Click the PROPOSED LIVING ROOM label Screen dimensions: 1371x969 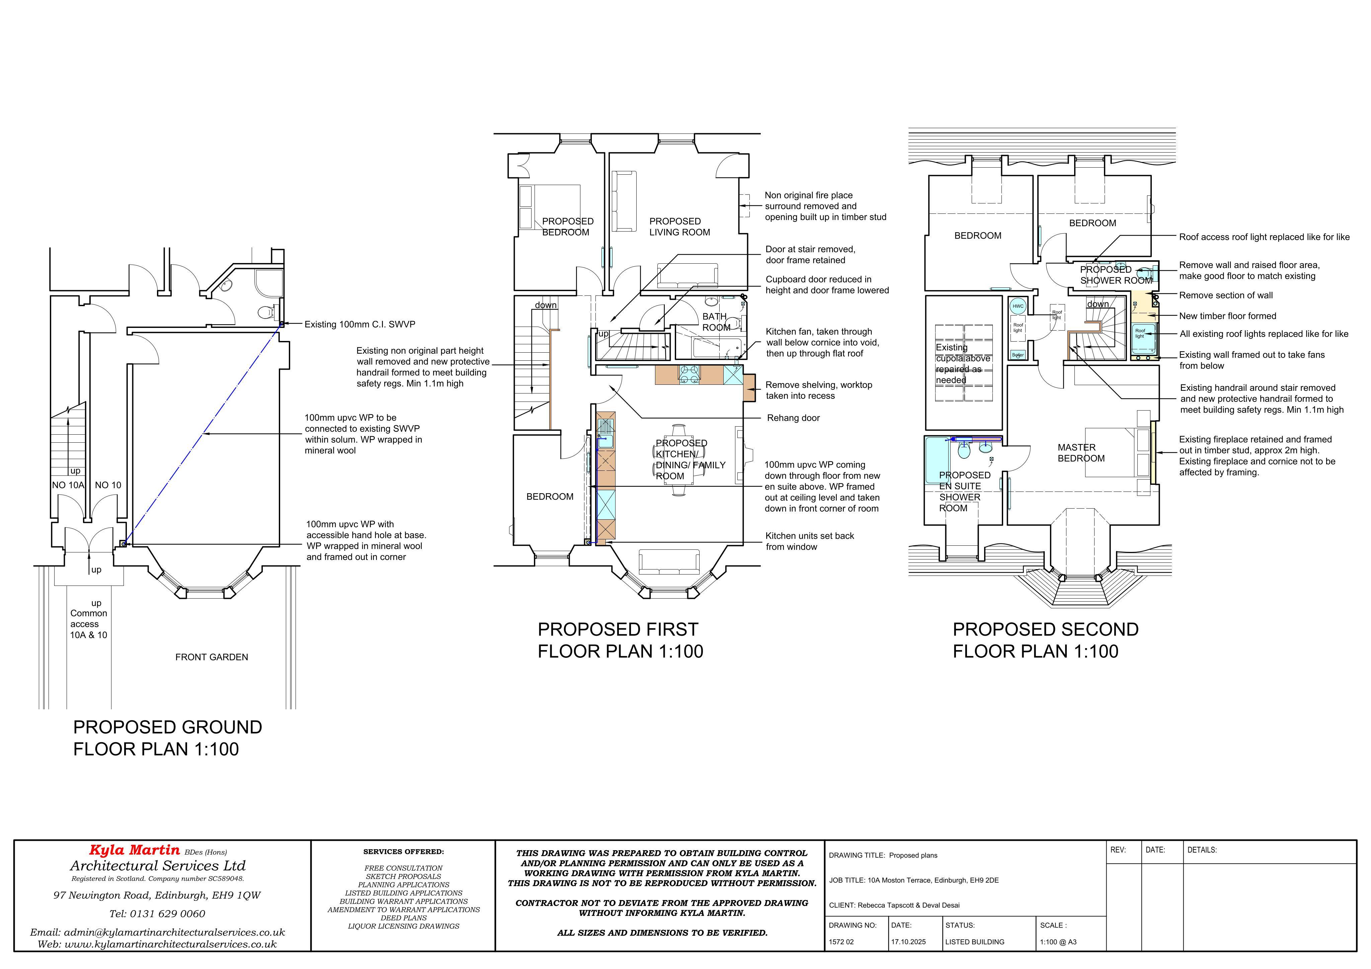click(x=679, y=227)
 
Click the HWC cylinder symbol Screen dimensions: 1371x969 click(x=1018, y=306)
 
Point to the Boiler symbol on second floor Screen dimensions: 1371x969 click(x=1018, y=355)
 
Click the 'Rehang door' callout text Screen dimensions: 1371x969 click(x=793, y=418)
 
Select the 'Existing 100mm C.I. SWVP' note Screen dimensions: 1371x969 click(x=359, y=324)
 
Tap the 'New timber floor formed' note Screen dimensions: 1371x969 click(x=1228, y=316)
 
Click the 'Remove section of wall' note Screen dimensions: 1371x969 click(x=1226, y=295)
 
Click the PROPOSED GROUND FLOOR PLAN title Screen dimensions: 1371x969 click(x=168, y=738)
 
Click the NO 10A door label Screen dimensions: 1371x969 click(x=68, y=485)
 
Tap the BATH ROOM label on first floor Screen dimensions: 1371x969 click(x=716, y=322)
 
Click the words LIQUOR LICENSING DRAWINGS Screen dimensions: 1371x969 click(x=404, y=926)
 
